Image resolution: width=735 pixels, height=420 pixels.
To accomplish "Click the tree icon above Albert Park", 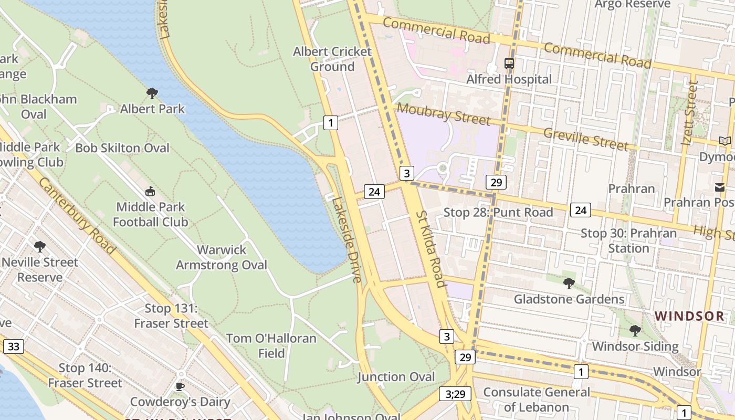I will [x=152, y=93].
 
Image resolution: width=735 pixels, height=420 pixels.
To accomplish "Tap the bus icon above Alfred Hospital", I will [x=509, y=64].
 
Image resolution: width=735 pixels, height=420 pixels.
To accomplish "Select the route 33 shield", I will [x=13, y=346].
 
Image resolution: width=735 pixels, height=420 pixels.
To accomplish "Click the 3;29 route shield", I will [x=455, y=394].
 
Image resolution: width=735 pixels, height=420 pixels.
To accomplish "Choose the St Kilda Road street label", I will [x=431, y=249].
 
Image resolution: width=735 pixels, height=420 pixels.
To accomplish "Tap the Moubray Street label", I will [x=443, y=114].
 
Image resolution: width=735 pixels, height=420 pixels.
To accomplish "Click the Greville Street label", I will [x=585, y=139].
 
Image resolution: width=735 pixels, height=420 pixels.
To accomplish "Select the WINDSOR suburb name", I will [x=690, y=316].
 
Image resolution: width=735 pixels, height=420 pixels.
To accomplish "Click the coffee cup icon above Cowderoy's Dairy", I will [x=180, y=386].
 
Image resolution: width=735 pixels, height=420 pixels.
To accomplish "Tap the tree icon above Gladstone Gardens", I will [x=569, y=283].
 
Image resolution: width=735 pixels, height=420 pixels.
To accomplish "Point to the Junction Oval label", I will [x=396, y=377].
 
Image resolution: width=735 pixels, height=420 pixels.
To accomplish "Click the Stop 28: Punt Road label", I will [x=498, y=212].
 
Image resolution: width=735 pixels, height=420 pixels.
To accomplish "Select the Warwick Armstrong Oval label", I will [x=221, y=257].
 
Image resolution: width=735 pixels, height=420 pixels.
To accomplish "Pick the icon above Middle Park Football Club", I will [x=150, y=191].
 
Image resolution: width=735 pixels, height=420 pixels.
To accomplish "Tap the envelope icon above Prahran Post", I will [x=719, y=187].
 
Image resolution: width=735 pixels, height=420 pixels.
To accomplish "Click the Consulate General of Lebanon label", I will [x=536, y=400].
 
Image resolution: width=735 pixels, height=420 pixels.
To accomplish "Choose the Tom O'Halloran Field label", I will [x=271, y=345].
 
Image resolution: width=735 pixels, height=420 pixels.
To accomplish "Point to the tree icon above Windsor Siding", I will [x=635, y=331].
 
